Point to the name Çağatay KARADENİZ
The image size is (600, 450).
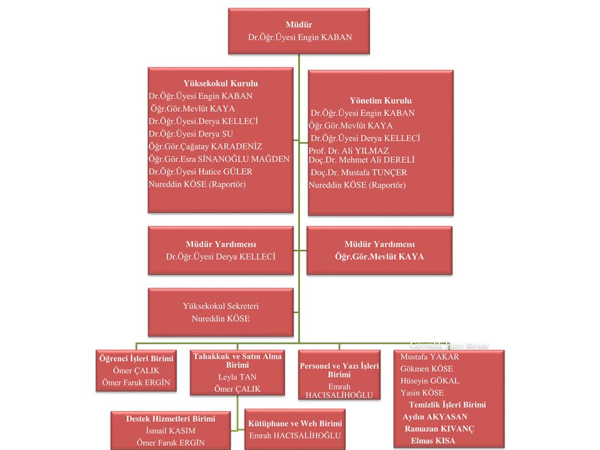(205, 147)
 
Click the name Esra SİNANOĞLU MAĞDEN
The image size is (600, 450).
(219, 159)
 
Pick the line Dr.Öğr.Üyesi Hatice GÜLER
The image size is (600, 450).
(200, 172)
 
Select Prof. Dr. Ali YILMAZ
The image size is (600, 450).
(349, 150)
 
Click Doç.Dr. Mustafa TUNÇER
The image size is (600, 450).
(359, 173)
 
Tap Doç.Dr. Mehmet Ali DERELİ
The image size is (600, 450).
(361, 160)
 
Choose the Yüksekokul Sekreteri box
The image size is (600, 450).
(221, 312)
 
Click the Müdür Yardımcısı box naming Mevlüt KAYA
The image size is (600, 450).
(379, 250)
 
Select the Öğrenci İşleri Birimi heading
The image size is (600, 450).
(136, 359)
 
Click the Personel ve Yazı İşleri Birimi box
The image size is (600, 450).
(339, 375)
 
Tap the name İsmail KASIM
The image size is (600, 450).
(171, 431)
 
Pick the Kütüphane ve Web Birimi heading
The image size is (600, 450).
(295, 424)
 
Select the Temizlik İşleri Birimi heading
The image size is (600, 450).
(447, 405)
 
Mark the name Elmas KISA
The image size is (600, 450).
(433, 441)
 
